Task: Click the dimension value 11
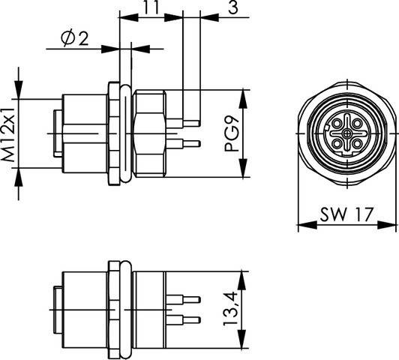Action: pos(151,8)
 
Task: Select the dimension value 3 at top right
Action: pos(233,8)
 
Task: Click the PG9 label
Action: pos(233,133)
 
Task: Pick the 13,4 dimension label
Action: pos(233,306)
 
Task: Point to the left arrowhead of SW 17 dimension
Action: pos(301,223)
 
